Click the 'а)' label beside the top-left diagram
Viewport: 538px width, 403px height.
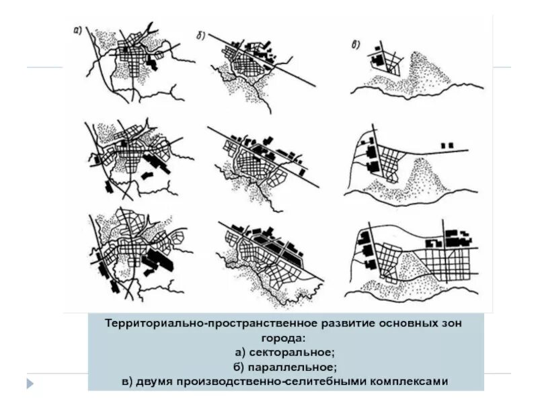point(78,30)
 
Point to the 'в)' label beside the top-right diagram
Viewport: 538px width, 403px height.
point(356,46)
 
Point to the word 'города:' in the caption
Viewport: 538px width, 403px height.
point(286,338)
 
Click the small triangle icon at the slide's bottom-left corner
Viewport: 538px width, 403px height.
point(30,384)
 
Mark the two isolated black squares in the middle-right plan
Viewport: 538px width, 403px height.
point(447,144)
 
